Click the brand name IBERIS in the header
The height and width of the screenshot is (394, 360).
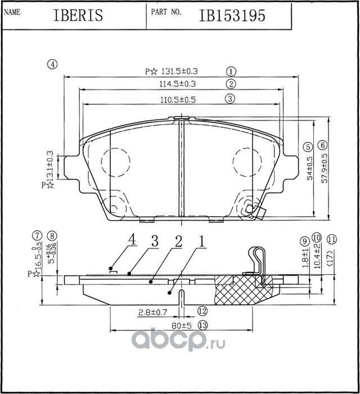pyautogui.click(x=78, y=15)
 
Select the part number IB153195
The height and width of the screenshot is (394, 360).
pyautogui.click(x=232, y=15)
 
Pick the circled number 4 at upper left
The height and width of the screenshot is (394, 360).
pyautogui.click(x=52, y=64)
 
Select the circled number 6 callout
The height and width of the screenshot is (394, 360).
pyautogui.click(x=322, y=144)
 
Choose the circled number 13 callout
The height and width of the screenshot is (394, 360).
pyautogui.click(x=203, y=325)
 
